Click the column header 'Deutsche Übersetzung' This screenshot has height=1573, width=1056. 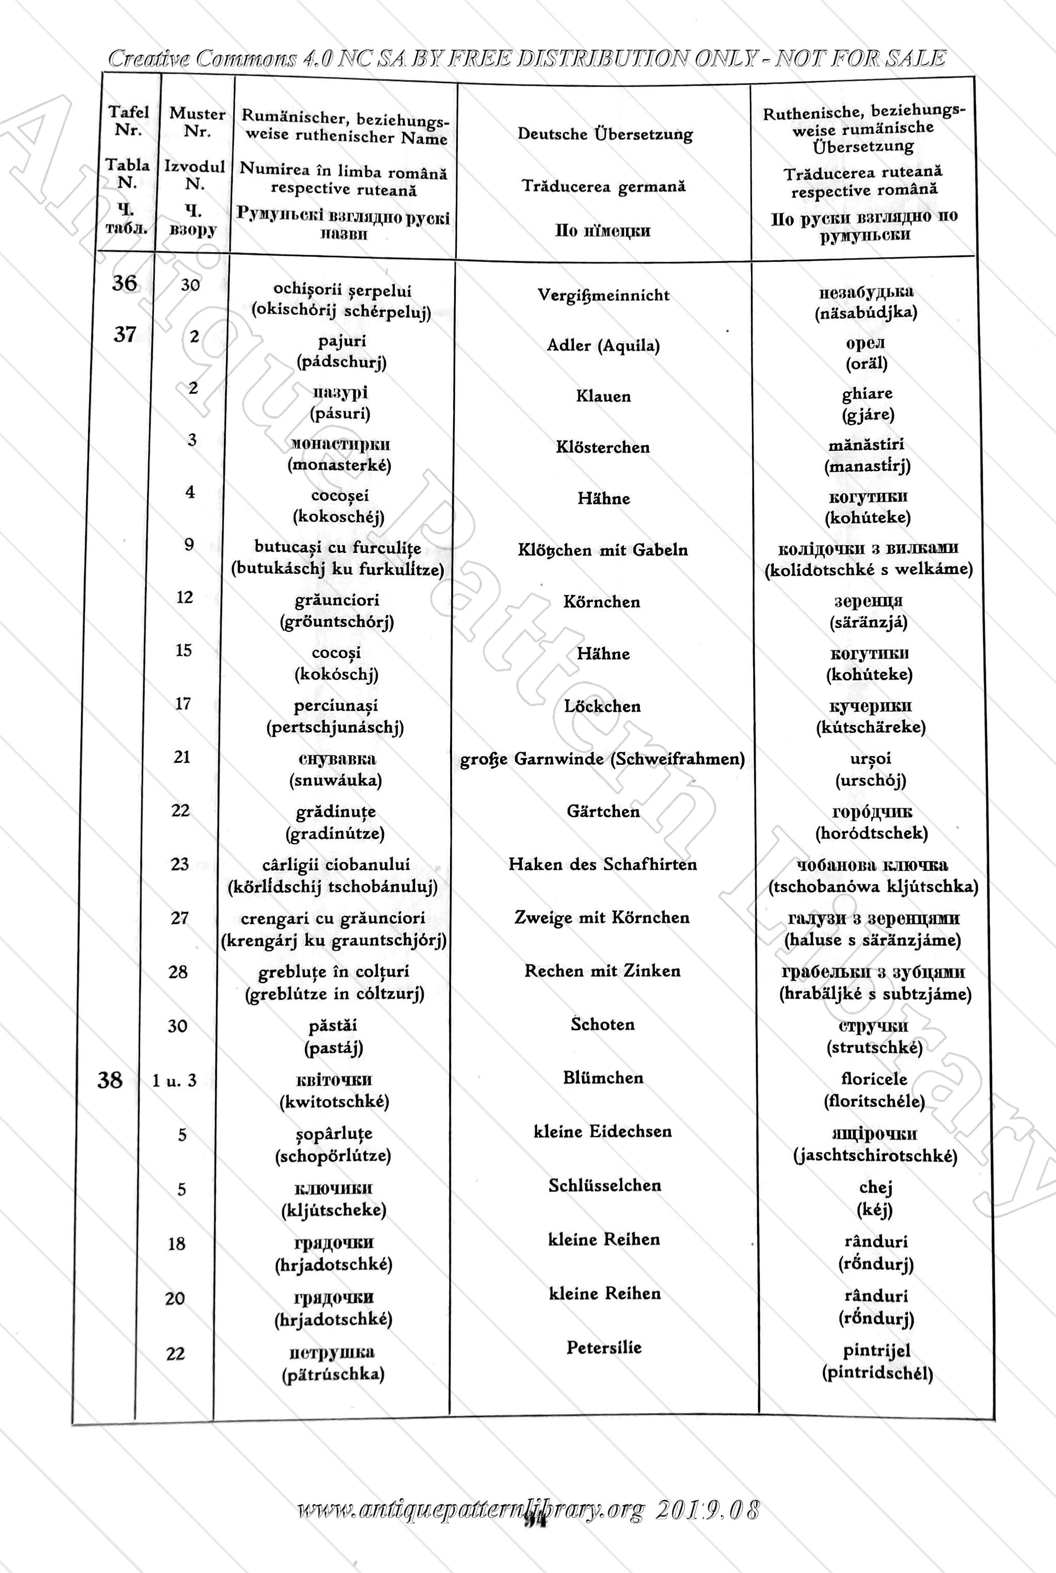click(x=605, y=134)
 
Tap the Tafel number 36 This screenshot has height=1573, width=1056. click(x=124, y=283)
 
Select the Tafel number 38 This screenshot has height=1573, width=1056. click(x=110, y=1080)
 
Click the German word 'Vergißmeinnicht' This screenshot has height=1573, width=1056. click(x=603, y=295)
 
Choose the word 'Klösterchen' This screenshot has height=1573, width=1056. click(x=603, y=447)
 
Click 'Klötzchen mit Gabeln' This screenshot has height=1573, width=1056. click(x=603, y=550)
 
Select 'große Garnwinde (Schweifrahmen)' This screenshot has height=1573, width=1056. click(x=602, y=759)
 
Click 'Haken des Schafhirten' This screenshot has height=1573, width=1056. click(x=602, y=864)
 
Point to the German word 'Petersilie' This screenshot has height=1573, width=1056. click(x=603, y=1347)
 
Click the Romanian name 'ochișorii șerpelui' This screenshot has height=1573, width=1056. click(x=342, y=290)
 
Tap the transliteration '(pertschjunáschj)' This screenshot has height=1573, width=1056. click(x=335, y=727)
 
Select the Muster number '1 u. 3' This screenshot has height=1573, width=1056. click(x=174, y=1081)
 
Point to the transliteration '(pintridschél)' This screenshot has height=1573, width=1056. click(x=877, y=1372)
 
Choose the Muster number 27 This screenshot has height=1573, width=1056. click(x=179, y=918)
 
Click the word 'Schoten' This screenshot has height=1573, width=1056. click(x=602, y=1024)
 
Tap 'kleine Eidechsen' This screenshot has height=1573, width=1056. click(x=603, y=1131)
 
